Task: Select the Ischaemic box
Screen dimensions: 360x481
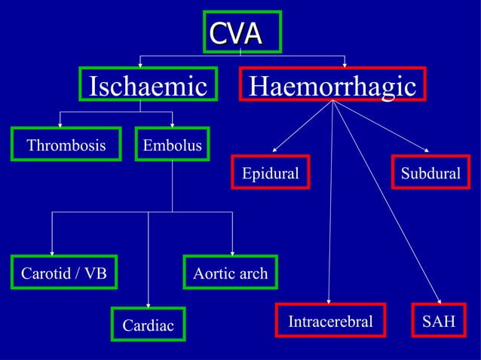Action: tap(149, 86)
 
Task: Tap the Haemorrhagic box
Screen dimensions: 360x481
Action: tap(332, 86)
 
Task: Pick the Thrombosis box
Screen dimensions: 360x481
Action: tap(66, 145)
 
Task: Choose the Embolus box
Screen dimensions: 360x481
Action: tap(173, 145)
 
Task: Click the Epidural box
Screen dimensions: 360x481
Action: tap(270, 174)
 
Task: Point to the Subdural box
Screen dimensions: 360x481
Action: tap(430, 174)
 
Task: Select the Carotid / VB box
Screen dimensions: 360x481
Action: tap(64, 273)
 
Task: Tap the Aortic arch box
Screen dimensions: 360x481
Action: tap(230, 273)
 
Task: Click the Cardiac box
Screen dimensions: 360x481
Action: tap(148, 325)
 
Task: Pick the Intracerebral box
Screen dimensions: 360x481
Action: tap(330, 322)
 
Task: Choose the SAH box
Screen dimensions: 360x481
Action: tap(439, 322)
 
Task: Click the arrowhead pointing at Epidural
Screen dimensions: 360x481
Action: tap(275, 149)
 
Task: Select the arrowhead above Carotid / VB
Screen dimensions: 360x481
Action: tap(52, 252)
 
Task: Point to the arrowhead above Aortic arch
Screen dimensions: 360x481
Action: tap(232, 252)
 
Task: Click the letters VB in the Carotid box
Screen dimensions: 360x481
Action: tap(96, 273)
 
